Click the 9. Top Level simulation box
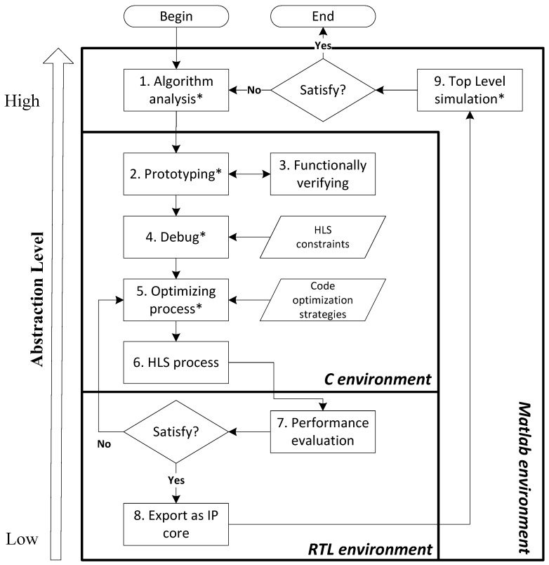tap(470, 90)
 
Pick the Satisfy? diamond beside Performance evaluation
tap(176, 432)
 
